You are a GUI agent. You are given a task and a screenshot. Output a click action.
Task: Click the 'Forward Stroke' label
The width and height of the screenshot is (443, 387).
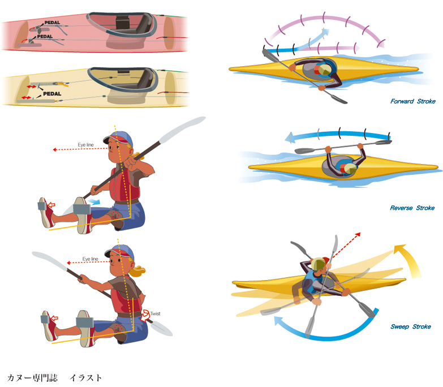click(413, 101)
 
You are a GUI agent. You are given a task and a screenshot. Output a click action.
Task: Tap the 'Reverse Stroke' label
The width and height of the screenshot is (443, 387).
click(412, 208)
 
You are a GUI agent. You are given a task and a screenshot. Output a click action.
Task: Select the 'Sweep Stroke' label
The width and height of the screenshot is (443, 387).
click(411, 326)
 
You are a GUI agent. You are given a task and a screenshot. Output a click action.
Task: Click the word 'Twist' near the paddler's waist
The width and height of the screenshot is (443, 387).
click(155, 313)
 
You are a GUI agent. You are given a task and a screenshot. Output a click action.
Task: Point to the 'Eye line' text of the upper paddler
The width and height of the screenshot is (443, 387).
click(85, 145)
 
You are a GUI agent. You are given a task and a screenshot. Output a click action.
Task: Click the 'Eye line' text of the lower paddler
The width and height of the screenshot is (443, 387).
click(90, 259)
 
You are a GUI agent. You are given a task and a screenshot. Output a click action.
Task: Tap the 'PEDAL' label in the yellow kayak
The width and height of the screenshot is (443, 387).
click(52, 93)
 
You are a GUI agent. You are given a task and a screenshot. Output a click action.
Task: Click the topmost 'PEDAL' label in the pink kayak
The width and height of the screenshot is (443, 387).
click(52, 22)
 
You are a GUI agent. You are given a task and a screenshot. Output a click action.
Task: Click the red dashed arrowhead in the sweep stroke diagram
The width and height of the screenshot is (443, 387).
click(358, 234)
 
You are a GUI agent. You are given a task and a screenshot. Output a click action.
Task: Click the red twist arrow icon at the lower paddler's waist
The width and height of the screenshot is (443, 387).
click(145, 315)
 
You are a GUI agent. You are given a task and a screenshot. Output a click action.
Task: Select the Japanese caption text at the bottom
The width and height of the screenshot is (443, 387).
click(54, 378)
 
